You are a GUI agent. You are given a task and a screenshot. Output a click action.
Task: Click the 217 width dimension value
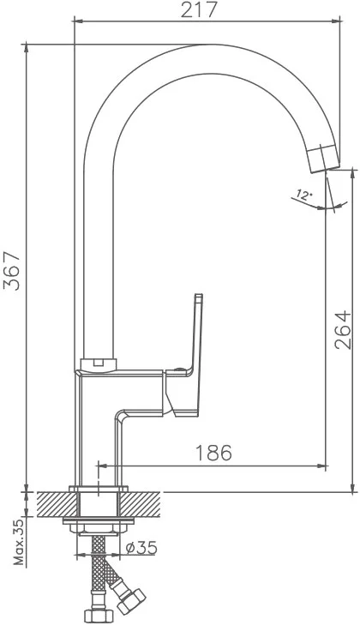[x=200, y=10]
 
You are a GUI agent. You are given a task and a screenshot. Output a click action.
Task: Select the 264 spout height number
[x=343, y=330]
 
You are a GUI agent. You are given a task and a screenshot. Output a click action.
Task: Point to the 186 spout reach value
[x=213, y=453]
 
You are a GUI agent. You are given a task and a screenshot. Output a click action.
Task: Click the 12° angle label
[x=303, y=195]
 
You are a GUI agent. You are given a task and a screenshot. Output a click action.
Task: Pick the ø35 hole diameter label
[x=141, y=548]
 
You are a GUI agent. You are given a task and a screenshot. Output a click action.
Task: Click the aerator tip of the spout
[x=324, y=159]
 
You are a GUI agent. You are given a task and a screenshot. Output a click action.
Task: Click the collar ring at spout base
[x=99, y=364]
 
